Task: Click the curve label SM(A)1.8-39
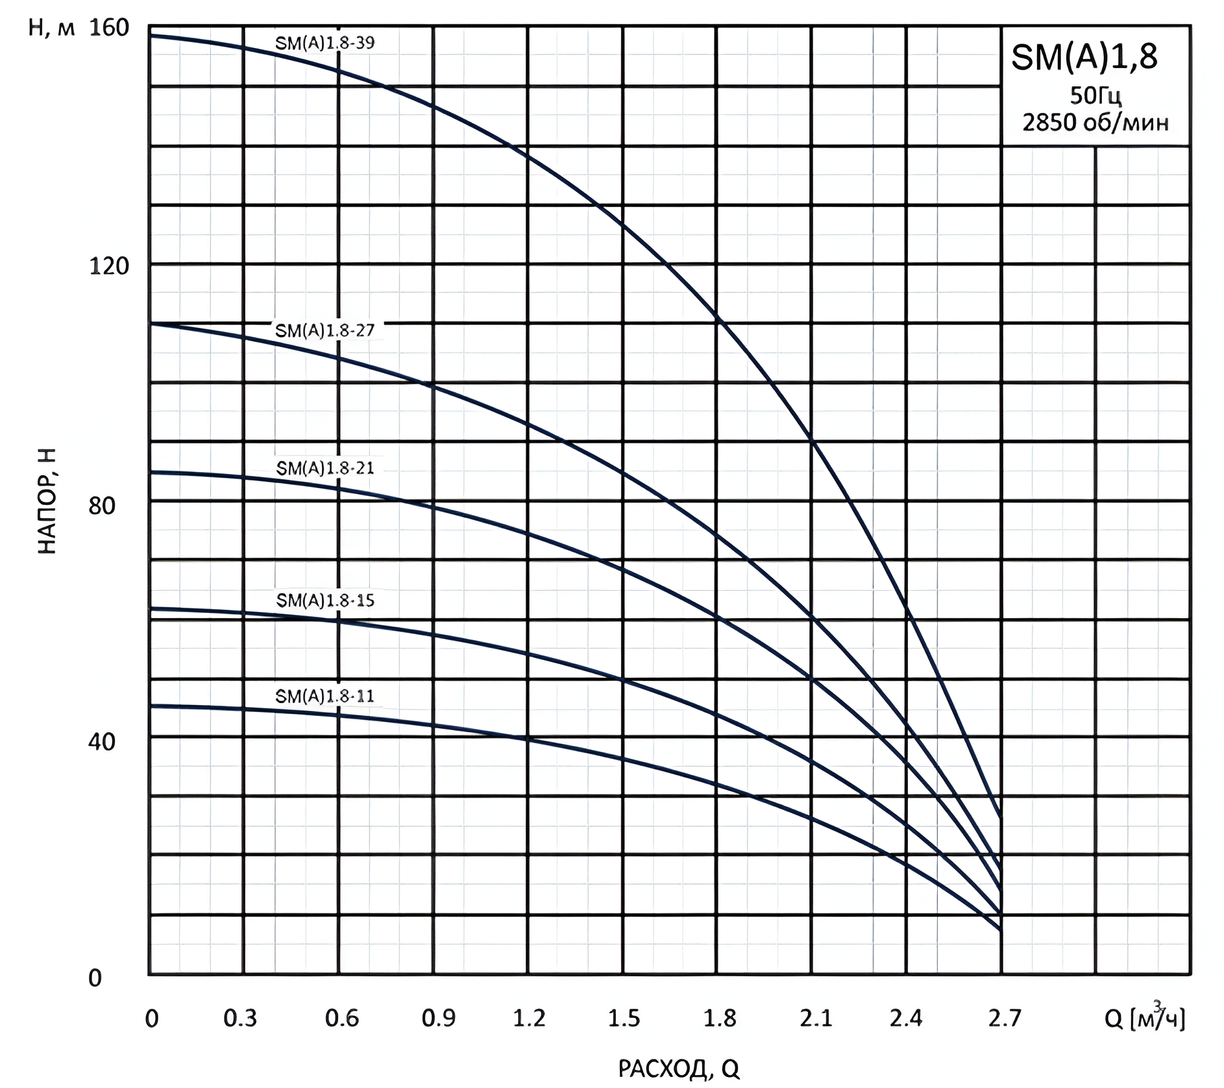pos(324,43)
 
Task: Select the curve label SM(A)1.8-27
pos(324,330)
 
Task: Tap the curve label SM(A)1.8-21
pos(324,468)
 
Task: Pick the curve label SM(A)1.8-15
pos(324,600)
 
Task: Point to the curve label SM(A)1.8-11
pos(324,697)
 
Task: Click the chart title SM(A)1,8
pos(1084,58)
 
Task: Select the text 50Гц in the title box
pos(1095,96)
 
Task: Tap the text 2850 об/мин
pos(1095,122)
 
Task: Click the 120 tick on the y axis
pos(108,266)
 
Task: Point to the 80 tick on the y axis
pos(101,506)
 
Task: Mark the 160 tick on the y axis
pos(108,28)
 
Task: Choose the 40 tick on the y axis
pos(101,741)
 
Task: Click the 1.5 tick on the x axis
pos(624,1018)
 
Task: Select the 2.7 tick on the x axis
pos(1004,1018)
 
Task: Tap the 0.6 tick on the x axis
pos(341,1018)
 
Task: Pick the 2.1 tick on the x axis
pos(815,1018)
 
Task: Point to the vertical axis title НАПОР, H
pos(47,501)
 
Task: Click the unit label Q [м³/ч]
pos(1144,1018)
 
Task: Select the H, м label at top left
pos(51,28)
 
